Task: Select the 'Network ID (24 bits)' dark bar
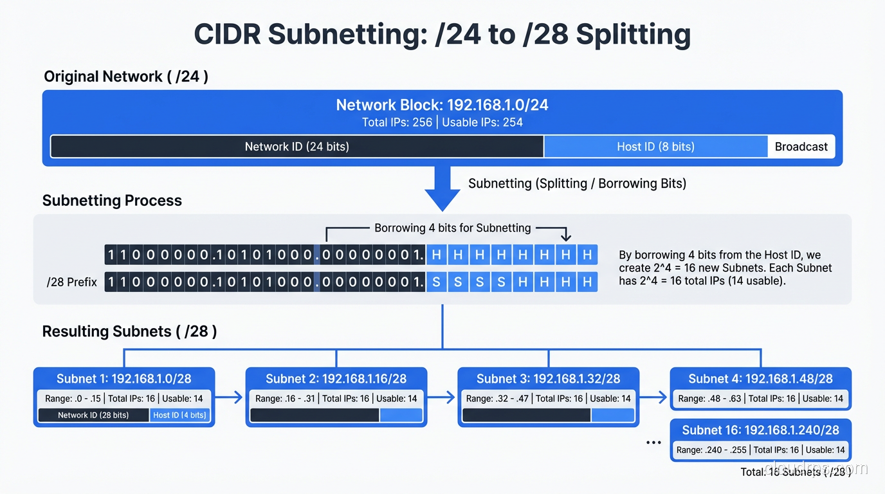coord(297,147)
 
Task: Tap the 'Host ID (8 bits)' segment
coord(655,147)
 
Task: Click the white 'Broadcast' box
coord(801,147)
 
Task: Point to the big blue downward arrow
coord(442,190)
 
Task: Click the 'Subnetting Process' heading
coord(112,201)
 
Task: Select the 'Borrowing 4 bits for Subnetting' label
coord(452,228)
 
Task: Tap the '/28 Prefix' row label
coord(72,282)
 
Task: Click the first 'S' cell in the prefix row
coord(437,282)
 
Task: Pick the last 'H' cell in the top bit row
coord(587,255)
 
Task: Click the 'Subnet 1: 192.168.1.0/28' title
coord(124,379)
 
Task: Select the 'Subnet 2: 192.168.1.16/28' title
coord(336,379)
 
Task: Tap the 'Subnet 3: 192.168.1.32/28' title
coord(548,379)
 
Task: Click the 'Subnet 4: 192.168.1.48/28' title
coord(760,379)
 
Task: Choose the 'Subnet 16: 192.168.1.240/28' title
coord(760,430)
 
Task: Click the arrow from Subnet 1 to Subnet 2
coord(230,398)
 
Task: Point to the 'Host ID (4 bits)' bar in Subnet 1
coord(179,416)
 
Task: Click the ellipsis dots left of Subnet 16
coord(653,443)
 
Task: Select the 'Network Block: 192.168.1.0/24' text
coord(442,105)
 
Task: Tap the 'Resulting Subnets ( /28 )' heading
coord(129,332)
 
